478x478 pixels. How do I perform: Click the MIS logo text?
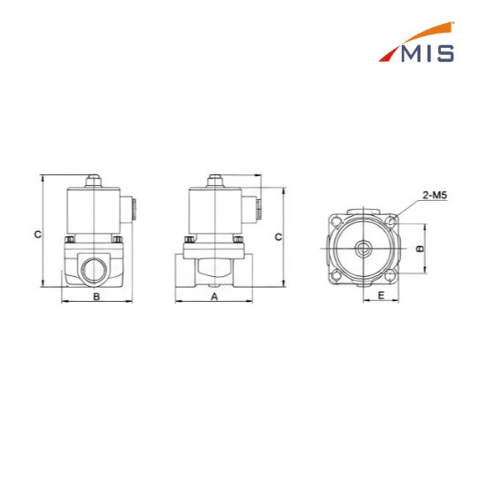[x=428, y=54]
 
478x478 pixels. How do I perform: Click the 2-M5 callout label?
[x=435, y=195]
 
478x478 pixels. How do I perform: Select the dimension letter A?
[x=214, y=297]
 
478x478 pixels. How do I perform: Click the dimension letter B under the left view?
[x=96, y=297]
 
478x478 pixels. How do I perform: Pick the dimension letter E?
[x=381, y=295]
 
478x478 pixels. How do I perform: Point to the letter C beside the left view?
[x=37, y=235]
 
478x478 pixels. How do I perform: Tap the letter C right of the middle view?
[x=278, y=237]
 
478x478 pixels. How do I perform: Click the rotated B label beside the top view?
[x=420, y=249]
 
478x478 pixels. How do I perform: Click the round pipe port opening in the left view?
[x=94, y=270]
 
